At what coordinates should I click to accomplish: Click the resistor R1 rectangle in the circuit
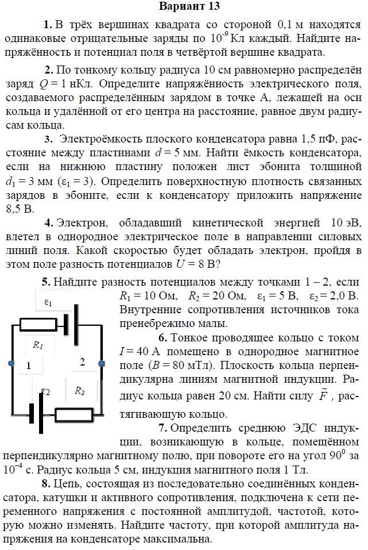point(41,324)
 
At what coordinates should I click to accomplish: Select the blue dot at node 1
point(11,363)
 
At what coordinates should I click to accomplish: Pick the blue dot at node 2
point(102,363)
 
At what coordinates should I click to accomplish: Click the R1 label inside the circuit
point(38,345)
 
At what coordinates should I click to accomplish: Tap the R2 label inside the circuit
point(79,391)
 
